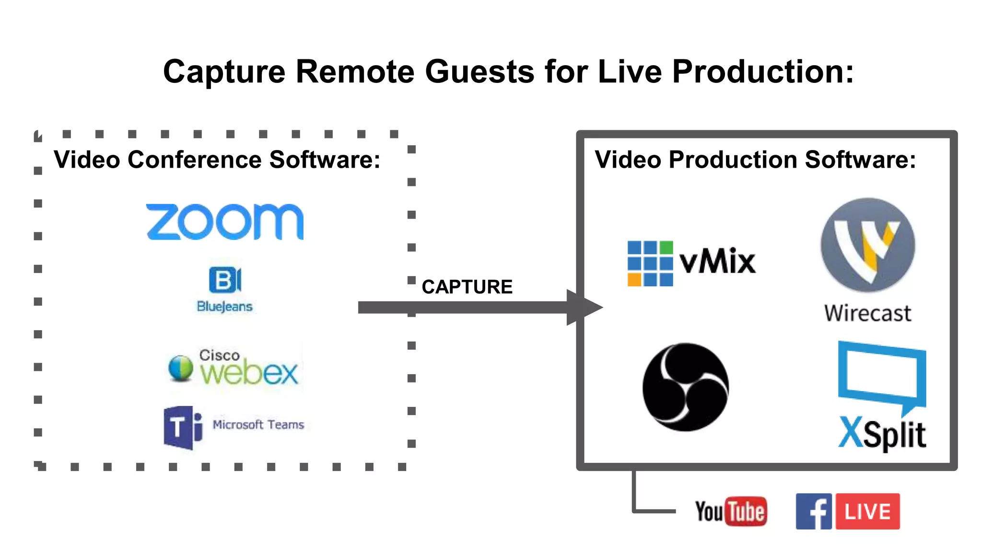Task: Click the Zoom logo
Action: point(224,221)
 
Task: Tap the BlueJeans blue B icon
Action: point(224,280)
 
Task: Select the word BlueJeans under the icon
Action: point(224,307)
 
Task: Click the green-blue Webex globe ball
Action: point(181,368)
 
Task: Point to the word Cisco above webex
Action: point(219,355)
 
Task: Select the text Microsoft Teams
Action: point(258,425)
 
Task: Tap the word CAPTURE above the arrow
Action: point(467,287)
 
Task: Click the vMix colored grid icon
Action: point(650,264)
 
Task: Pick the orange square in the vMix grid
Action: point(634,279)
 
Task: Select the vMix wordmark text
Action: point(718,262)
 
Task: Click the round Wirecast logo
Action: point(867,245)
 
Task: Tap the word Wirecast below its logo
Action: point(867,313)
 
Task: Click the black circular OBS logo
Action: point(686,387)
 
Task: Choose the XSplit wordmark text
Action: point(882,434)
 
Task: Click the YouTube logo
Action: point(731,511)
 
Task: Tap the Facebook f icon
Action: point(814,511)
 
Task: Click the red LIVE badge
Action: point(867,511)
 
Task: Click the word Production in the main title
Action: point(762,72)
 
